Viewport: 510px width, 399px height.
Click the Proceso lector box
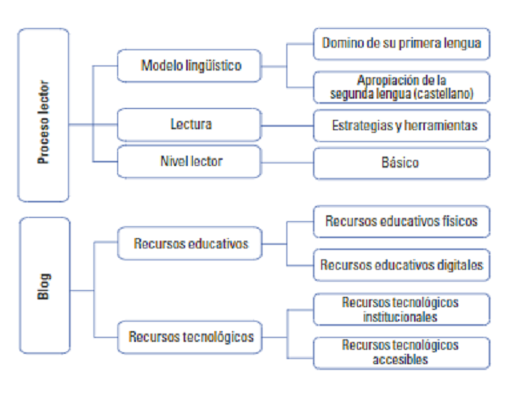click(x=42, y=116)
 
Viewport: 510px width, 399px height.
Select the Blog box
click(x=42, y=286)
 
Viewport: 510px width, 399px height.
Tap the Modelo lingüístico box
click(x=190, y=65)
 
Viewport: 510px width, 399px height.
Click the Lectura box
click(x=190, y=125)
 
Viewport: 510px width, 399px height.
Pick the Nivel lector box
click(x=190, y=159)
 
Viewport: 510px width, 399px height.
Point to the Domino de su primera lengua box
click(x=401, y=43)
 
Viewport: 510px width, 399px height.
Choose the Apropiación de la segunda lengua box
click(x=401, y=87)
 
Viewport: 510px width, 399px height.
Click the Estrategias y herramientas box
click(x=401, y=126)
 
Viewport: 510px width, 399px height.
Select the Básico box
click(x=401, y=162)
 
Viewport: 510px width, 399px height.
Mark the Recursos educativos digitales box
click(x=401, y=265)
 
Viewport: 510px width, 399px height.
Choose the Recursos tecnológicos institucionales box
click(x=401, y=309)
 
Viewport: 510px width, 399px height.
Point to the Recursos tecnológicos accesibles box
click(x=401, y=352)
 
